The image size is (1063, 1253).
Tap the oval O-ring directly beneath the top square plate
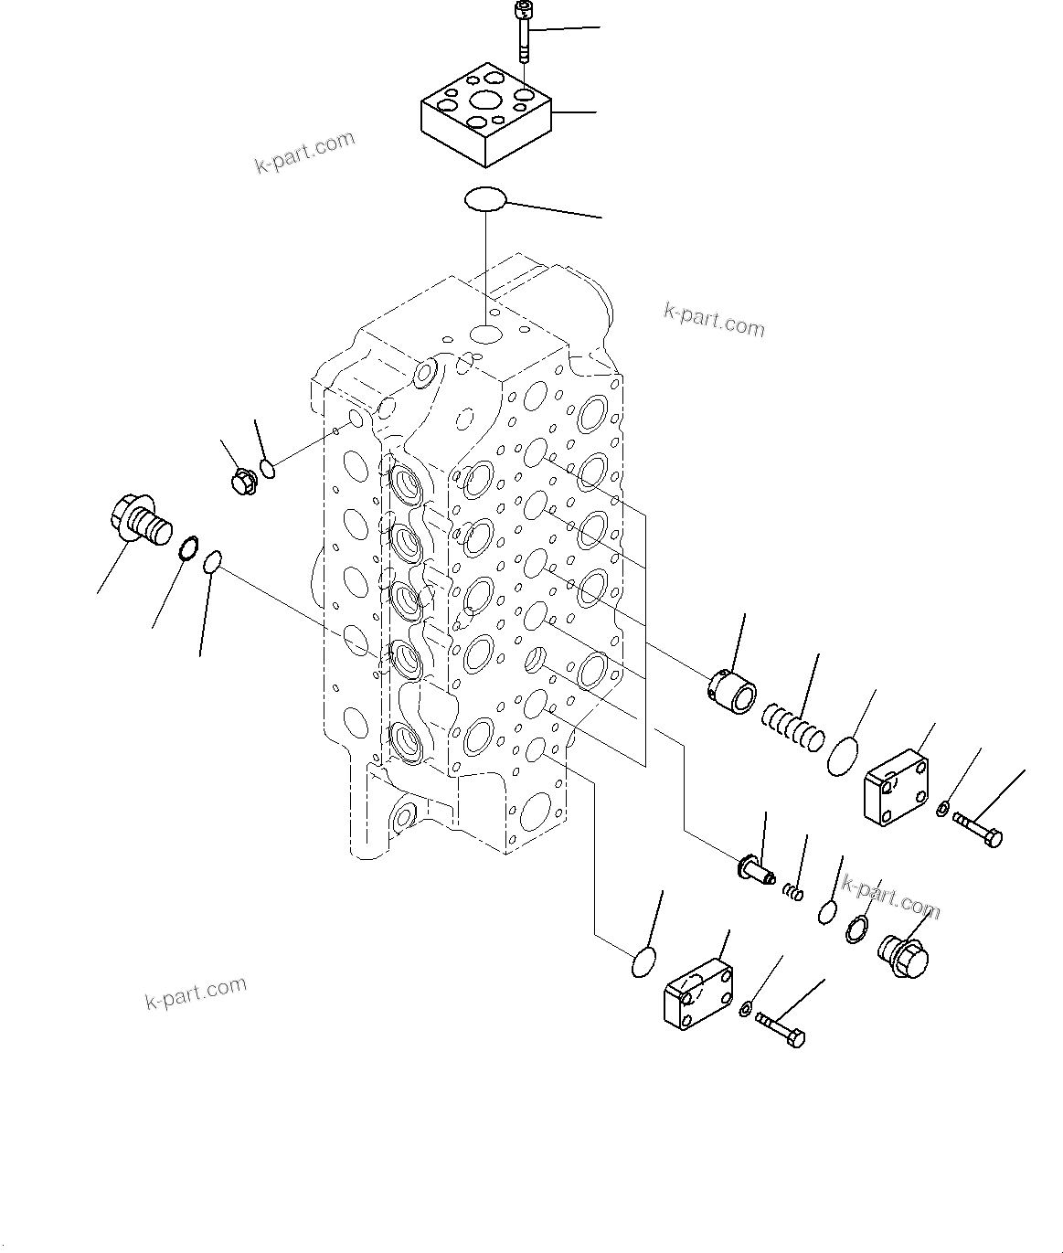[485, 198]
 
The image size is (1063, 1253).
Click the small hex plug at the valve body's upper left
[243, 481]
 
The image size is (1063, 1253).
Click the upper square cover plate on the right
[897, 782]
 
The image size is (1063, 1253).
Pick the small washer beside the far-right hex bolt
[943, 807]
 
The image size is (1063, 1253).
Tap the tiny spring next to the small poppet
[794, 889]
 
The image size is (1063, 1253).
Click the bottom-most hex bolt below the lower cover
[780, 1030]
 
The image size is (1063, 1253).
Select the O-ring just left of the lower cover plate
[644, 962]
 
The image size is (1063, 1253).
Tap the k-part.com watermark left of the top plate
[303, 153]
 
